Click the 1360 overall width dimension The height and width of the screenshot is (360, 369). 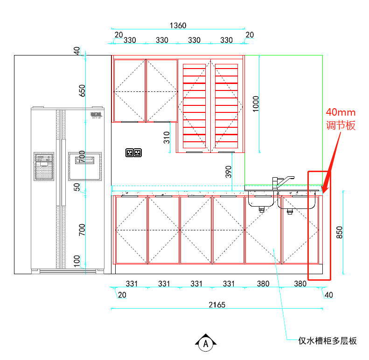(178, 25)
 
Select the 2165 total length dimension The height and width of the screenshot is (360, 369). (216, 305)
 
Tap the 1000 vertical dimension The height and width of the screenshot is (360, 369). (256, 104)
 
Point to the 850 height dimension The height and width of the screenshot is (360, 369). (339, 232)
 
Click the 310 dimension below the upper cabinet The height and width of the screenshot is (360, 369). (167, 138)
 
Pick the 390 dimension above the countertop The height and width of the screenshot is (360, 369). (228, 172)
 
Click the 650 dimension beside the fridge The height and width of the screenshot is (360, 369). (83, 90)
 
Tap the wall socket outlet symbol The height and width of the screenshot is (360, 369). (133, 152)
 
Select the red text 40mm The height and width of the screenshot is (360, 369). (341, 112)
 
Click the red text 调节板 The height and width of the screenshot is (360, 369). (341, 125)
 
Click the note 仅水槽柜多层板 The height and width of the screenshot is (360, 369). (327, 341)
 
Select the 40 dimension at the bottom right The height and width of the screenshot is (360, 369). (329, 295)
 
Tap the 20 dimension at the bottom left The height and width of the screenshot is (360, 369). (122, 295)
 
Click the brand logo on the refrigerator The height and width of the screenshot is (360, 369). (96, 114)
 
